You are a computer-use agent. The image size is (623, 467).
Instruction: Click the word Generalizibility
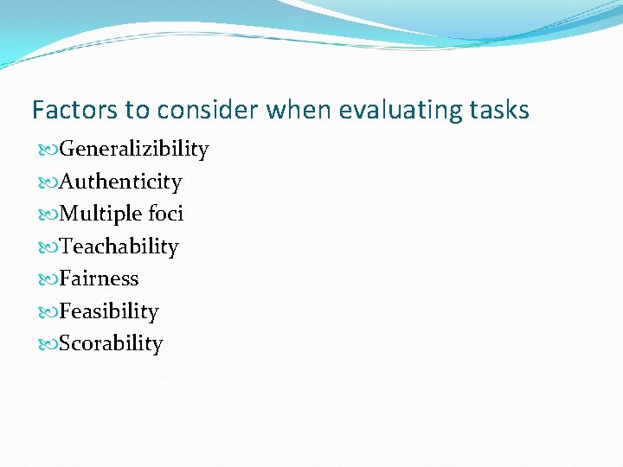click(x=134, y=150)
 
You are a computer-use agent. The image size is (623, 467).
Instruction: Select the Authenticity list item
click(x=120, y=182)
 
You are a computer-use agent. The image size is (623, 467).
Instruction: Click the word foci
click(x=165, y=214)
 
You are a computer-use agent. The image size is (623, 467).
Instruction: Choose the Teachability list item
click(x=119, y=246)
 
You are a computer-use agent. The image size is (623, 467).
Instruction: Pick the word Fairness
click(x=99, y=278)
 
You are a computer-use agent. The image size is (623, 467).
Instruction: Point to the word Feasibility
click(x=109, y=311)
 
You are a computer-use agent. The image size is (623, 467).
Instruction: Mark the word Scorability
click(x=111, y=343)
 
